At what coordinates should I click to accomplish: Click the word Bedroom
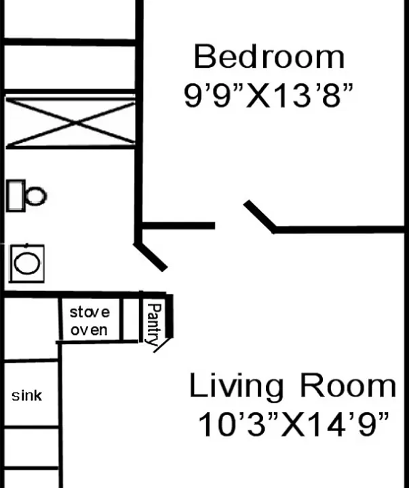[x=269, y=56]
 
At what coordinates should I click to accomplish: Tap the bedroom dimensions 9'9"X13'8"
[x=269, y=96]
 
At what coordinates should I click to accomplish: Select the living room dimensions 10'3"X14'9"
[x=294, y=424]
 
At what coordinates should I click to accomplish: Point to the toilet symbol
[x=26, y=196]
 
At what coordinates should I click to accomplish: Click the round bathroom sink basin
[x=27, y=263]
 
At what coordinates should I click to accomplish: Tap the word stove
[x=90, y=312]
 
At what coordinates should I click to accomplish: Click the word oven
[x=89, y=330]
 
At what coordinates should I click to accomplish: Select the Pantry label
[x=154, y=324]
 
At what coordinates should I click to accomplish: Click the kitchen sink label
[x=26, y=396]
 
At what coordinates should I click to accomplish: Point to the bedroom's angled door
[x=260, y=216]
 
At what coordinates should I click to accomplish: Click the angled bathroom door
[x=151, y=257]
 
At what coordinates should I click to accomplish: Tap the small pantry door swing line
[x=162, y=346]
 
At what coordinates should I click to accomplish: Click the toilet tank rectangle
[x=16, y=196]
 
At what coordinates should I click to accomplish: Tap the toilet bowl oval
[x=36, y=196]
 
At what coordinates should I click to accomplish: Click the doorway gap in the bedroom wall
[x=229, y=226]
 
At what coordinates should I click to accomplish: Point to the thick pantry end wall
[x=169, y=316]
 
